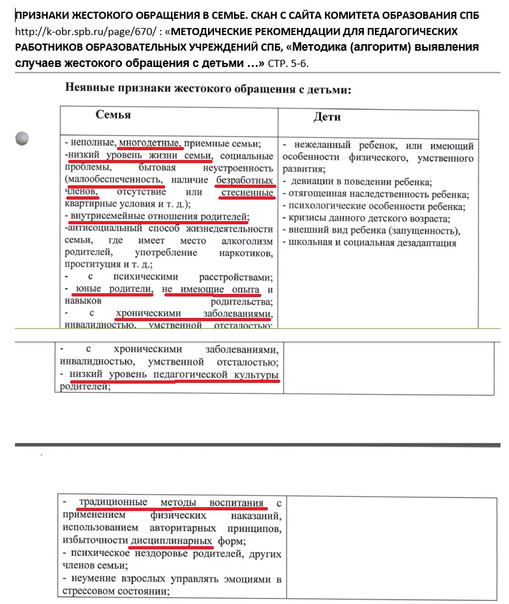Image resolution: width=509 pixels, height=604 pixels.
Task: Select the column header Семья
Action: pos(113,114)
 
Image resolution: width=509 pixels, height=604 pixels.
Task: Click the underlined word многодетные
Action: pos(149,144)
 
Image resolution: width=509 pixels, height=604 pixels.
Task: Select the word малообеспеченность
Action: pos(114,180)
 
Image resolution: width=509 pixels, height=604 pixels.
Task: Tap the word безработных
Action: pos(246,180)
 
